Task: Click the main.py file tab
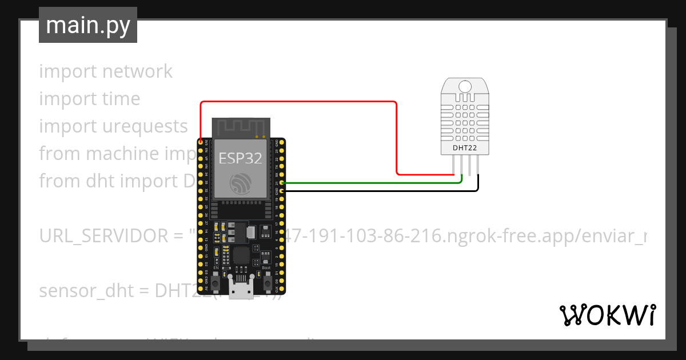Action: coord(87,25)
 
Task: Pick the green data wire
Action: coord(372,183)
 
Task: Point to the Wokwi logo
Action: coord(607,315)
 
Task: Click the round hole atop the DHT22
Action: coord(465,86)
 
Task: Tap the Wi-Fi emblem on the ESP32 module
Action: coord(240,183)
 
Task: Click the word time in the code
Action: coord(121,99)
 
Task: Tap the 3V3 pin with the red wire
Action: coord(201,141)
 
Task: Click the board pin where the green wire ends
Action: coord(282,183)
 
